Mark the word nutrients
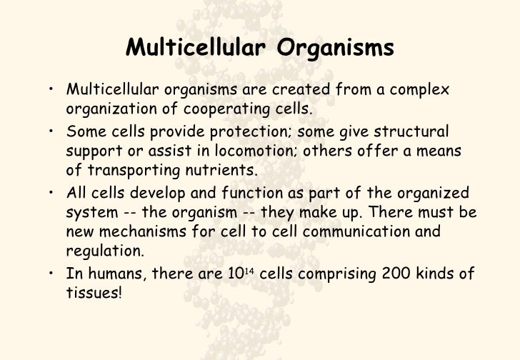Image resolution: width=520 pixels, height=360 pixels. click(223, 171)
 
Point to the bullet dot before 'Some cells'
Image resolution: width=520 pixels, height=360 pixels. click(54, 132)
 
